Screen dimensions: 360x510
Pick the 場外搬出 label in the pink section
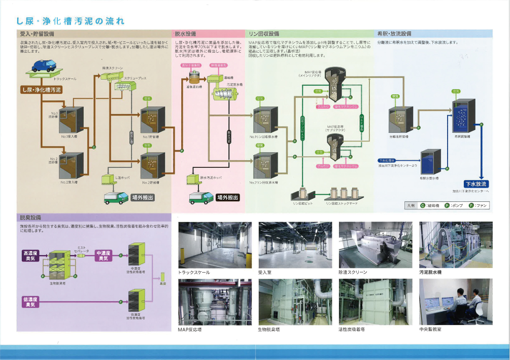(x=227, y=197)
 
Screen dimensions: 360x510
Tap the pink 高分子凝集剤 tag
(x=191, y=65)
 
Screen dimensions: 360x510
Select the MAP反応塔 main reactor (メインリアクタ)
(x=334, y=84)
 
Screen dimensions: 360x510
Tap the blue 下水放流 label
(x=475, y=184)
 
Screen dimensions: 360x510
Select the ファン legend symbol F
(x=471, y=205)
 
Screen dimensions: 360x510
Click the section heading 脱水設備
(x=186, y=33)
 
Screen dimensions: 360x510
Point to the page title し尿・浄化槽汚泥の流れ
(x=71, y=21)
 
